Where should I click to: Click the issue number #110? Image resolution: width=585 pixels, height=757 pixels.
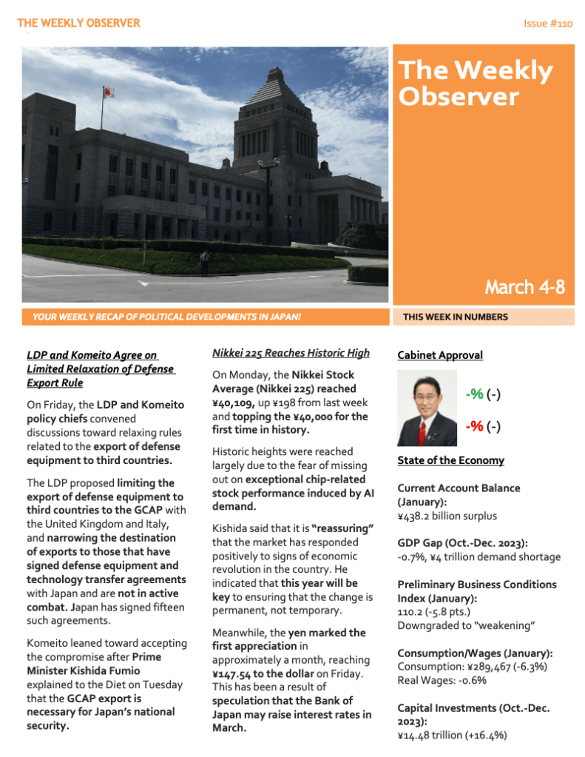click(x=547, y=24)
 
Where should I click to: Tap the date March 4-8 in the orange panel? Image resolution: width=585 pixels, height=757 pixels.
click(x=524, y=287)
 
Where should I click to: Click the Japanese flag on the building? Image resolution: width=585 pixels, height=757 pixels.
click(x=108, y=92)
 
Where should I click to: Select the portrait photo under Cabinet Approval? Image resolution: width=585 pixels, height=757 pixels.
click(x=427, y=408)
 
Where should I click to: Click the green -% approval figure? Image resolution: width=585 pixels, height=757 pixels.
click(x=474, y=394)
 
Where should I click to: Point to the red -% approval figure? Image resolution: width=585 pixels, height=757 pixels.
click(x=474, y=426)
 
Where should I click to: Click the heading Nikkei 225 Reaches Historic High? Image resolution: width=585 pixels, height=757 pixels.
click(x=291, y=353)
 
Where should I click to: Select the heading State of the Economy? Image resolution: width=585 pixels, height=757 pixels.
click(x=450, y=460)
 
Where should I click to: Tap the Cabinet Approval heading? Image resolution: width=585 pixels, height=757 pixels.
click(x=440, y=355)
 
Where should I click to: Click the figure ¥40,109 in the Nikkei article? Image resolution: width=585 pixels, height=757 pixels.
click(x=234, y=402)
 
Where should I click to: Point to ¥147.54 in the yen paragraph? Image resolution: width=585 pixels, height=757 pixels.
click(x=238, y=673)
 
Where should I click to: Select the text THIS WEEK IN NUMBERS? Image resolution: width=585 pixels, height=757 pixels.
click(x=455, y=317)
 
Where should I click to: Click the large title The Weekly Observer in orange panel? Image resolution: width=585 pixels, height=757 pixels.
click(x=475, y=83)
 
